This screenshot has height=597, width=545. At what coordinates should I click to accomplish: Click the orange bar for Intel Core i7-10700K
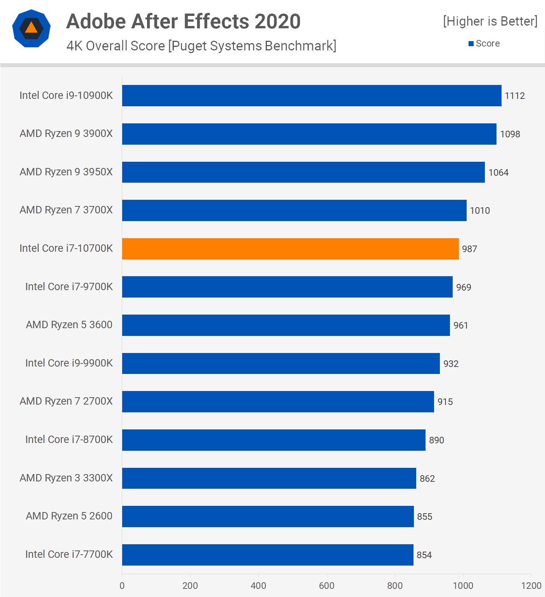(x=290, y=249)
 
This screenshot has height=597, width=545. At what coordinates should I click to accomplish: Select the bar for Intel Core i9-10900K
(x=311, y=95)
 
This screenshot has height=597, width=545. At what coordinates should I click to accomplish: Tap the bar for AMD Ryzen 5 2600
(x=268, y=516)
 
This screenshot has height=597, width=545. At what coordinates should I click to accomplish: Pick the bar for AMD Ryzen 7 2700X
(x=278, y=401)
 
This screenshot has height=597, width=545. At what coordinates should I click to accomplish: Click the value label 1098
(x=510, y=134)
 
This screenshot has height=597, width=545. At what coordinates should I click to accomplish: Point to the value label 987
(x=469, y=249)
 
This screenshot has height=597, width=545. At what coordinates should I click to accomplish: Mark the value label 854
(x=424, y=555)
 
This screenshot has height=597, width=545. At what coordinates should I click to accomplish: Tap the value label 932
(x=451, y=364)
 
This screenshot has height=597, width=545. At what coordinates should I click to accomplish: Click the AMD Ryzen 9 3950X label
(x=66, y=172)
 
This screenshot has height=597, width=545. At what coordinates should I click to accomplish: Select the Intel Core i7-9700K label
(x=69, y=287)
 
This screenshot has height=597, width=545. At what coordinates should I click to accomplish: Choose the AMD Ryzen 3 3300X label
(x=66, y=478)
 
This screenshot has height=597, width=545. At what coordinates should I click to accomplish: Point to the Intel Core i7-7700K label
(x=69, y=554)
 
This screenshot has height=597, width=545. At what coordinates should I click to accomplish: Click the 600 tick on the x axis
(x=327, y=586)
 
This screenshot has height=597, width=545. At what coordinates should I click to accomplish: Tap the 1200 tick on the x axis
(x=531, y=586)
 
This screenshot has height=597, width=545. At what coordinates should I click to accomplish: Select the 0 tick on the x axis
(x=122, y=586)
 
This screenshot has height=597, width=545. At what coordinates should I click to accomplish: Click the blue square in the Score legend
(x=471, y=44)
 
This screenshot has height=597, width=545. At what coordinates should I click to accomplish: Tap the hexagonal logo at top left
(x=31, y=28)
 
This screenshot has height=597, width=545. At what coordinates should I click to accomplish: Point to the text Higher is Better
(x=490, y=21)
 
